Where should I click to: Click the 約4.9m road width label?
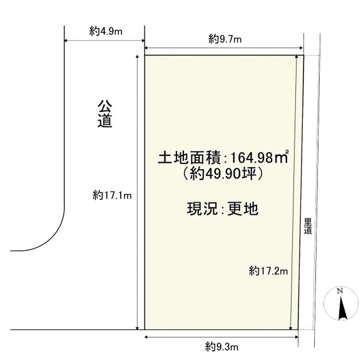click(106, 31)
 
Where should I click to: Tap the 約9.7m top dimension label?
click(225, 39)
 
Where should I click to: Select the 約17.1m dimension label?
click(112, 195)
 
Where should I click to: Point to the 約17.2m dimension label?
click(268, 270)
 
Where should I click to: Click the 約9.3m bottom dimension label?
click(221, 346)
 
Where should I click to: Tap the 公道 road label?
click(104, 114)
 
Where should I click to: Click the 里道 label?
click(308, 226)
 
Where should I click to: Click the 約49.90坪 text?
click(222, 174)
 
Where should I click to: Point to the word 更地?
click(243, 208)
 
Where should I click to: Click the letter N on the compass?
click(340, 291)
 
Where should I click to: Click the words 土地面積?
click(189, 158)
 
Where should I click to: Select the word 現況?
click(202, 208)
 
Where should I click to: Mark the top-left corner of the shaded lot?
click(145, 55)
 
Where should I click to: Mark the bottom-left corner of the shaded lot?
click(145, 329)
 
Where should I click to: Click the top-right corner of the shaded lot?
click(303, 55)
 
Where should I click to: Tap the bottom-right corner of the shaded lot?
click(298, 329)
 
